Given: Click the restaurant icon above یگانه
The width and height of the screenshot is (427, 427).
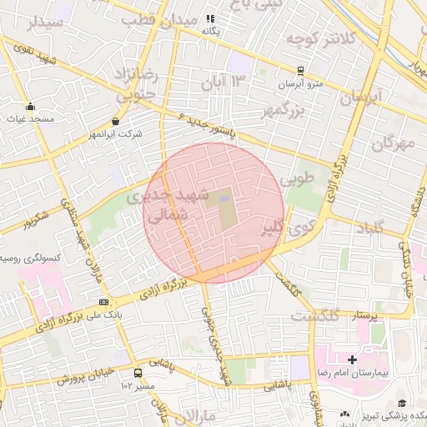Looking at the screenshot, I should pyautogui.click(x=211, y=18).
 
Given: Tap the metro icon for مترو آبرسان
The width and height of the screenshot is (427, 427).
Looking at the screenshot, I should pyautogui.click(x=300, y=72).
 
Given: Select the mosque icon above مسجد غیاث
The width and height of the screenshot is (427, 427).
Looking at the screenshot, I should pyautogui.click(x=31, y=106).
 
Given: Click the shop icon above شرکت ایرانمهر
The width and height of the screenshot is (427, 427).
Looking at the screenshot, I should pyautogui.click(x=115, y=121).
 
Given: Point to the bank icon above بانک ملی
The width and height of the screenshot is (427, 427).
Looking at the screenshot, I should pyautogui.click(x=103, y=302).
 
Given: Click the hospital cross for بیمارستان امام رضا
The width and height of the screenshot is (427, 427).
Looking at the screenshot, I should pyautogui.click(x=353, y=360).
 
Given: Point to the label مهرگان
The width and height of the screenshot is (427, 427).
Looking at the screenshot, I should pyautogui.click(x=392, y=143).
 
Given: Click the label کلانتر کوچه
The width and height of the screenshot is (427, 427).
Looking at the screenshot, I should pyautogui.click(x=321, y=38).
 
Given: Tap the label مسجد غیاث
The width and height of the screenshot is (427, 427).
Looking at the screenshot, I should pyautogui.click(x=31, y=119).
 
